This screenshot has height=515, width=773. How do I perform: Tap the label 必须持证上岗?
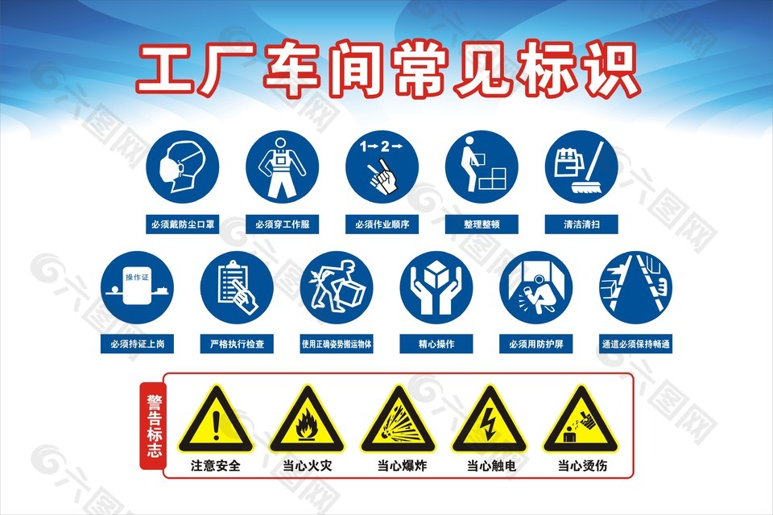137,344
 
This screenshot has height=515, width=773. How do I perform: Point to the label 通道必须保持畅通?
636,344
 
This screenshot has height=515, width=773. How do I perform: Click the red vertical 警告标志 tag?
152,424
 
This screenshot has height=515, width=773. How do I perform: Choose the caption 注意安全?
215,465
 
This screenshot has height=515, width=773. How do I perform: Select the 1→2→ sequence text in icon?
380,146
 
